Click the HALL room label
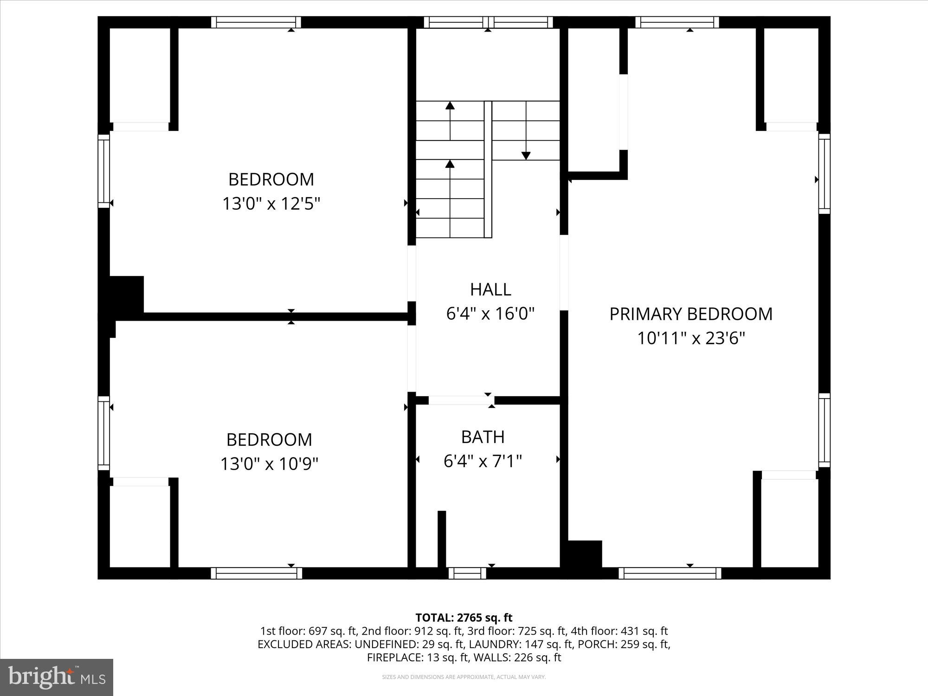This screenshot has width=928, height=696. coord(490,290)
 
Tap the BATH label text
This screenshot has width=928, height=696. coord(483,437)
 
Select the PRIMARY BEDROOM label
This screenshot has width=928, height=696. coord(690,314)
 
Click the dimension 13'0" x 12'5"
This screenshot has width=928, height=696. coord(271,204)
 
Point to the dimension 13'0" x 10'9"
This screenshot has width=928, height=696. coord(269,464)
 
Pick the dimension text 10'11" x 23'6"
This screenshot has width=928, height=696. coord(690,338)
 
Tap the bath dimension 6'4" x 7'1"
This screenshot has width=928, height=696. coord(483,461)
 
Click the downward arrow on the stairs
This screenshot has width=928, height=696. coord(526,155)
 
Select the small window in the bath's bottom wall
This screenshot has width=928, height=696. coord(467,574)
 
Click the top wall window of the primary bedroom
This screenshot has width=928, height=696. coord(677,22)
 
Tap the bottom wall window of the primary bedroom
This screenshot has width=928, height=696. coord(670,574)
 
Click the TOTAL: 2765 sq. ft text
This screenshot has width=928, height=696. coord(464,618)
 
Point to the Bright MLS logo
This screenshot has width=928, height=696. coord(57,677)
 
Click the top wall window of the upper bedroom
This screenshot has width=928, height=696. coord(256,22)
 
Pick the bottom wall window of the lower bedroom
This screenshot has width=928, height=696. coord(256,574)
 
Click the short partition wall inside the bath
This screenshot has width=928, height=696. coord(442,538)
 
